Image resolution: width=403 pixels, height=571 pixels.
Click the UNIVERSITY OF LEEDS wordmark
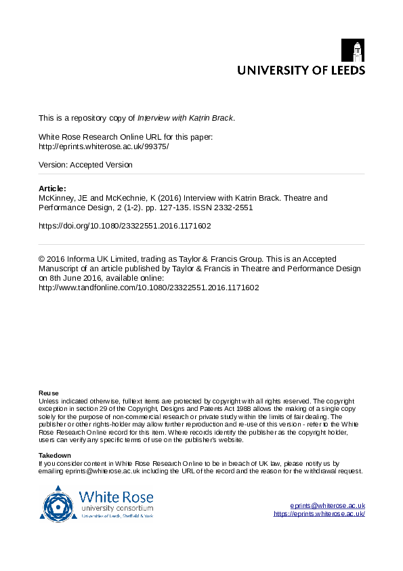tap(301, 70)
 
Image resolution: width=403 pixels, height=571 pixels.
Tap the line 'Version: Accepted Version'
tap(85, 165)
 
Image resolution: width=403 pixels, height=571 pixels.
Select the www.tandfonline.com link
tap(149, 288)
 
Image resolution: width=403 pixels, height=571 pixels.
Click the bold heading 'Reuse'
tap(49, 393)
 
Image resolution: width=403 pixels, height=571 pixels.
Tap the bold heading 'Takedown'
tap(55, 455)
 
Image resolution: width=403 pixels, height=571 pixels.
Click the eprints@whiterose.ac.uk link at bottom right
tap(328, 506)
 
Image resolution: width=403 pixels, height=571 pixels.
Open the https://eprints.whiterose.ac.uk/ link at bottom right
tap(320, 514)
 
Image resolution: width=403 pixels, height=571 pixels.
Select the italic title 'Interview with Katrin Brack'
tap(186, 117)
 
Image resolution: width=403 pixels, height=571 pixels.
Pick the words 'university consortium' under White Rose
tap(116, 508)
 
